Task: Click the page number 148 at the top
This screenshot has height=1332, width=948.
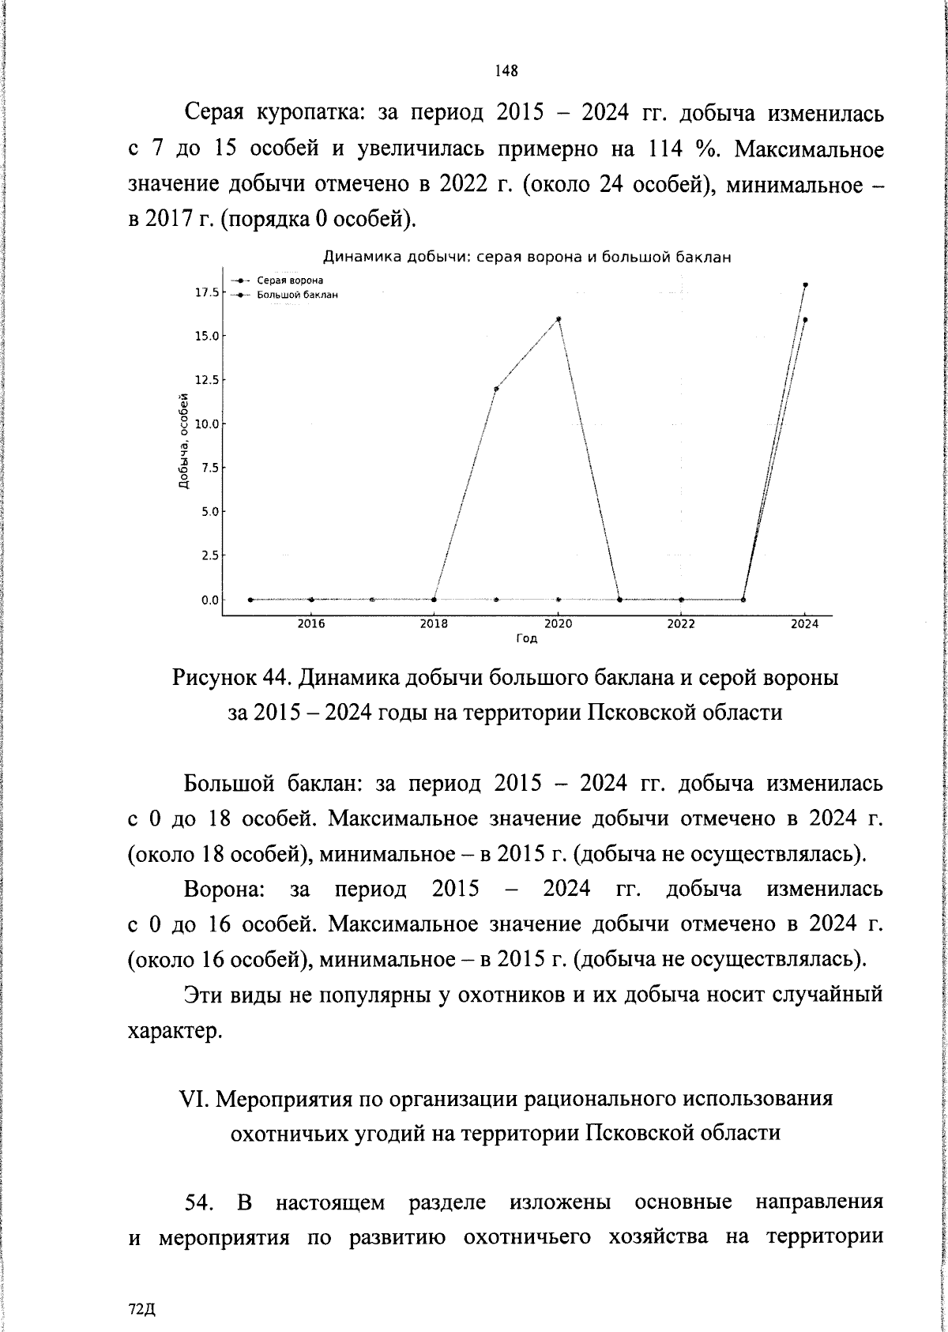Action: (506, 71)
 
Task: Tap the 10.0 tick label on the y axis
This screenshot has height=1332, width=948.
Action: (206, 423)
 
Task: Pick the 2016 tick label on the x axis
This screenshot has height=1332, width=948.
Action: (311, 623)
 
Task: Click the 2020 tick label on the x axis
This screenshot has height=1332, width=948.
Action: (559, 623)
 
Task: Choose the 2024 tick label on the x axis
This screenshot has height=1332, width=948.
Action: (805, 623)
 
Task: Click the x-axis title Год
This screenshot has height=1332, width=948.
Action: (527, 638)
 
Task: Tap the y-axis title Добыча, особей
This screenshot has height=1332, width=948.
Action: (183, 441)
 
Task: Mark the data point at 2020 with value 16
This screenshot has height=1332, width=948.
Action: (559, 319)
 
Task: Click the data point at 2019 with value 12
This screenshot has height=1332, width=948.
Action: (496, 389)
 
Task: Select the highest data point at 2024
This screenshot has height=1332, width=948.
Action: (805, 284)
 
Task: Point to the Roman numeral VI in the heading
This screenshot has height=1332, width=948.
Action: (194, 1099)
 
